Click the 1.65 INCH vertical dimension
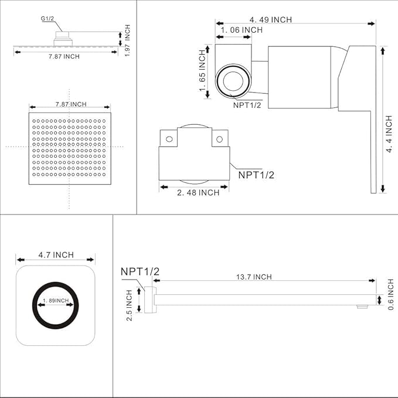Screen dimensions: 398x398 202,70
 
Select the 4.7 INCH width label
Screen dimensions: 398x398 56,255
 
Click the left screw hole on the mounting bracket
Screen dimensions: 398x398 170,139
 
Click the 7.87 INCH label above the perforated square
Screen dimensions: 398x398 70,104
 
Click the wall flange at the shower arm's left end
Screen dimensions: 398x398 150,300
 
